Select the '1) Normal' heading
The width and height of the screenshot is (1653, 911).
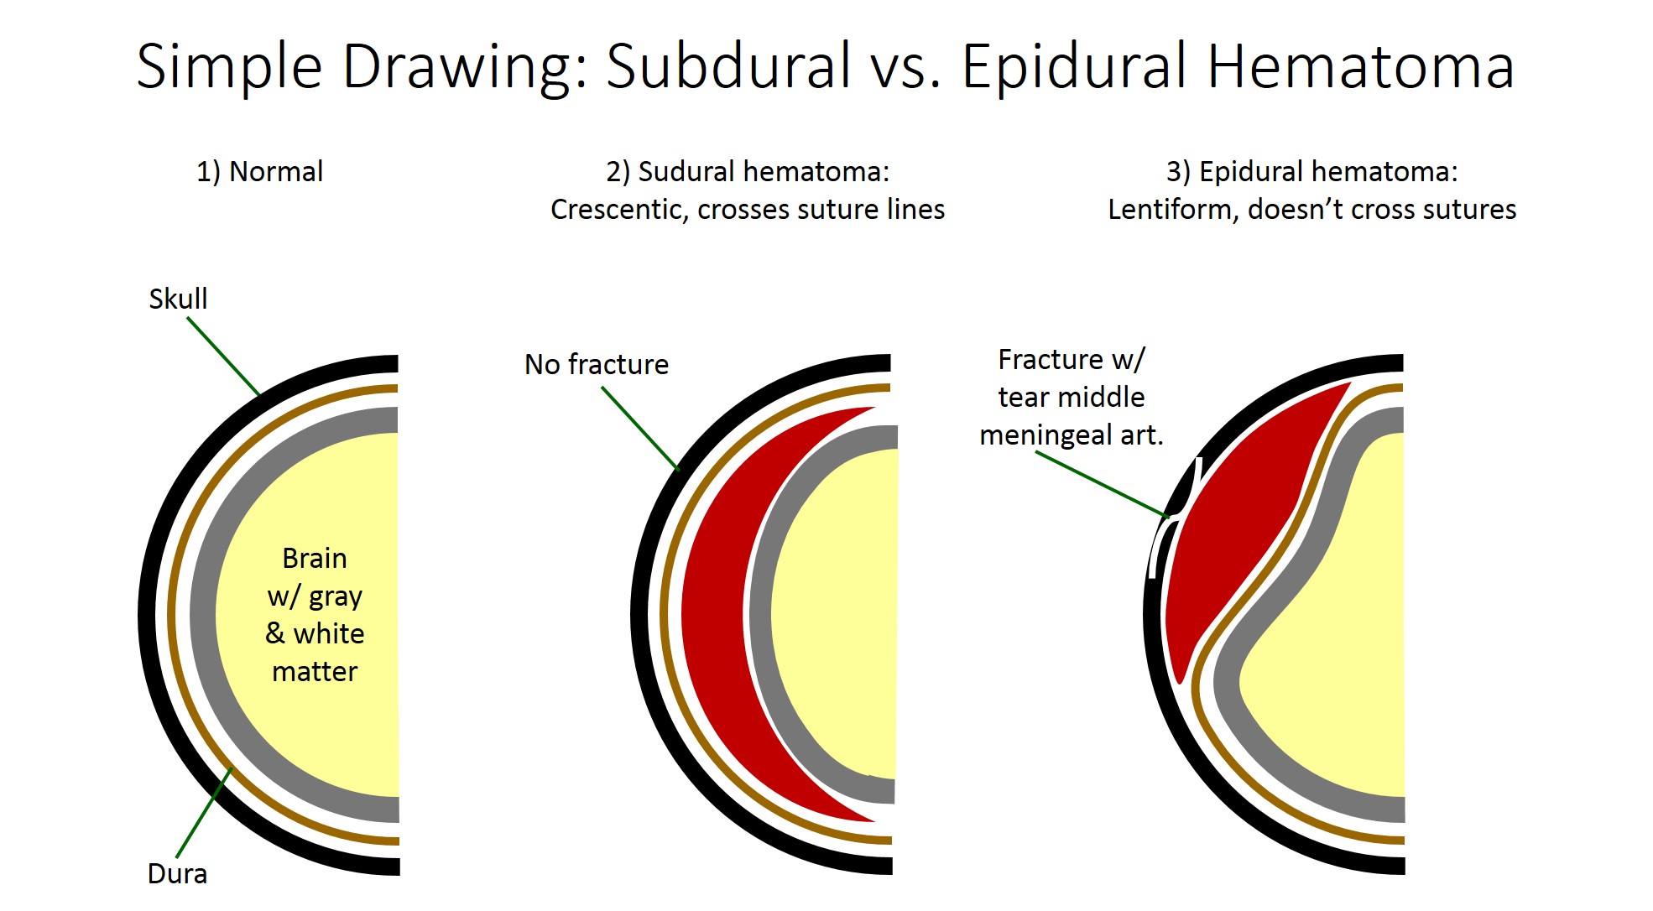point(259,172)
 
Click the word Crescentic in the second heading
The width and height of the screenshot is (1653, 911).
point(617,210)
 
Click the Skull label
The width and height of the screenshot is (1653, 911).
point(178,299)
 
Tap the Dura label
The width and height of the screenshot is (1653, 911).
point(177,874)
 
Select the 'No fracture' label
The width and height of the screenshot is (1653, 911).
point(596,365)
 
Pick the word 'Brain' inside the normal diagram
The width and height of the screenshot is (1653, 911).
point(314,559)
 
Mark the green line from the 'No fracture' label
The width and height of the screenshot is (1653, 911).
point(639,427)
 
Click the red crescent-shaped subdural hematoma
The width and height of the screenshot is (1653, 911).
point(713,612)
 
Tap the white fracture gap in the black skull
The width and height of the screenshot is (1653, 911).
point(1158,549)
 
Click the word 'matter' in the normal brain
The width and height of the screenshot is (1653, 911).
point(315,672)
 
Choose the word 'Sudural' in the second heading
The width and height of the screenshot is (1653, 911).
point(686,172)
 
